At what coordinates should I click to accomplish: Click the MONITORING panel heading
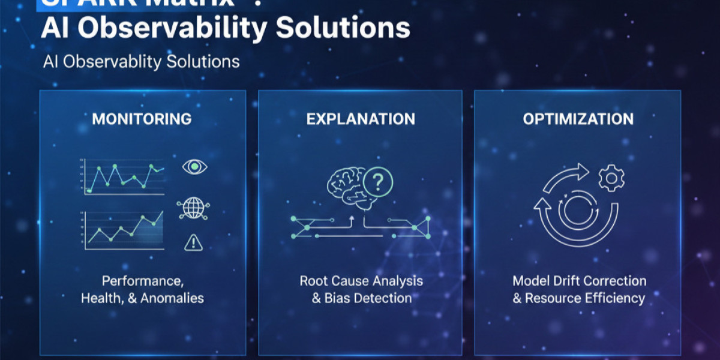click(142, 119)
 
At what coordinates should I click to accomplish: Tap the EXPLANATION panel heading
click(361, 119)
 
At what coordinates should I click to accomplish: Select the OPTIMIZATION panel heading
click(578, 119)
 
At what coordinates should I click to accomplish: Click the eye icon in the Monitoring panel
click(193, 167)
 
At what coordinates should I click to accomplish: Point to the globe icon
click(193, 208)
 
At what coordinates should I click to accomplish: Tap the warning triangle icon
click(193, 242)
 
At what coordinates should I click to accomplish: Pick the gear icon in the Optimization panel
click(612, 178)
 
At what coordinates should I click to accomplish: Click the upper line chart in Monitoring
click(124, 178)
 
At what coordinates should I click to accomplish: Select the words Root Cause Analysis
click(361, 281)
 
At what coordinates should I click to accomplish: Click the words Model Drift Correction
click(579, 281)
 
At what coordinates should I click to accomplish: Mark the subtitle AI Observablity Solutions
click(142, 62)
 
